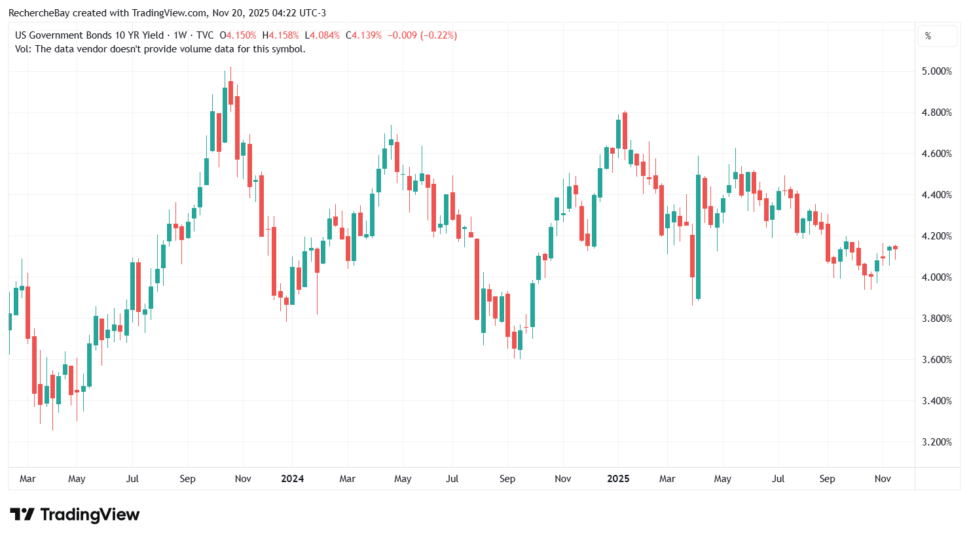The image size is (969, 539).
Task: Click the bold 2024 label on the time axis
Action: (292, 479)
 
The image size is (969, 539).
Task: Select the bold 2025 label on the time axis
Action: (618, 479)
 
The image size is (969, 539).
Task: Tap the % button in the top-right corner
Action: (928, 36)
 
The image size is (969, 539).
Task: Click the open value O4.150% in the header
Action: (238, 35)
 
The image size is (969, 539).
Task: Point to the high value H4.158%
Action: (280, 35)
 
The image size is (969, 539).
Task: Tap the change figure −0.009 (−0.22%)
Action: (422, 35)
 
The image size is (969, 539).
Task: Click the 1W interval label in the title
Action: (180, 35)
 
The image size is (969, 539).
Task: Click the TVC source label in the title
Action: (205, 35)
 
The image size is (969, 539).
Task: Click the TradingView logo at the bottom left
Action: (75, 515)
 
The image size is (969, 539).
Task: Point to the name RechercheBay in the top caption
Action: (39, 13)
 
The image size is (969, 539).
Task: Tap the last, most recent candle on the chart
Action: (895, 248)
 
